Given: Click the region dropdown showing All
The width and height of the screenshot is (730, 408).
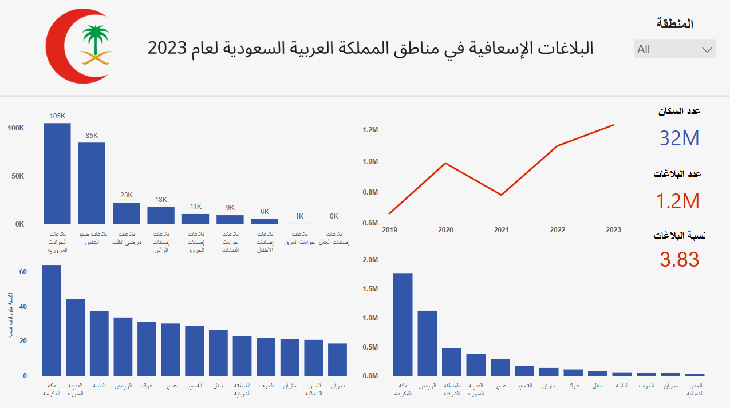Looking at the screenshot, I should pos(674,49).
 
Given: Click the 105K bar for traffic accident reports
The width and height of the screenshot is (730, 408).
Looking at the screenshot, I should pos(57,173).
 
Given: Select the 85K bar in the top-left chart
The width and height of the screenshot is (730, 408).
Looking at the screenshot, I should pos(92,183).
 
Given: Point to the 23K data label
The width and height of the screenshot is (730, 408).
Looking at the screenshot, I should pos(127,195).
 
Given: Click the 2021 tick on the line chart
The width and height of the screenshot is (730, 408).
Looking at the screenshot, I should pos(502,230).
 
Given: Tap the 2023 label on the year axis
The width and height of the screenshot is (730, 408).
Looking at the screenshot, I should pos(613,230).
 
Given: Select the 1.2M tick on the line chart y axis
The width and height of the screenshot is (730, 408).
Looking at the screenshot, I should pos(370,130).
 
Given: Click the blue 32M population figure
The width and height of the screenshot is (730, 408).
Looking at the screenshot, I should pos(679,138).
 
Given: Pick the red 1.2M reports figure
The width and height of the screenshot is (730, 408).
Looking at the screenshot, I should pos(679,201).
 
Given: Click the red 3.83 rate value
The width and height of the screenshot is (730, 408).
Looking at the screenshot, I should pos(679,260).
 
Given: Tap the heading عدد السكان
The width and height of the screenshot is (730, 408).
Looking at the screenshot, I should pos(679,111).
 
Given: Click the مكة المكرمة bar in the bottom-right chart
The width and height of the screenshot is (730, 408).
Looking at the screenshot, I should pos(403,324).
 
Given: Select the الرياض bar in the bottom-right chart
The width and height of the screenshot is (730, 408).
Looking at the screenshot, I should pos(427,343).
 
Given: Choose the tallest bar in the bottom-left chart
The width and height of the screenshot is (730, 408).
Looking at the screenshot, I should pos(52,320).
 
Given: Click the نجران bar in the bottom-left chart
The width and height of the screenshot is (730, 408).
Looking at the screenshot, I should pos(338,359).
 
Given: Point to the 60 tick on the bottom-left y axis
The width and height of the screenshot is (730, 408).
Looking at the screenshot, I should pos(23,272).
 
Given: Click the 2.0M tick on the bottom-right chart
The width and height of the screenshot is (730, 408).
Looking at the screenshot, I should pos(370,260).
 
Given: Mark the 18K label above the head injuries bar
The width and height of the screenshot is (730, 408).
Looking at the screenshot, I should pos(161,200).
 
